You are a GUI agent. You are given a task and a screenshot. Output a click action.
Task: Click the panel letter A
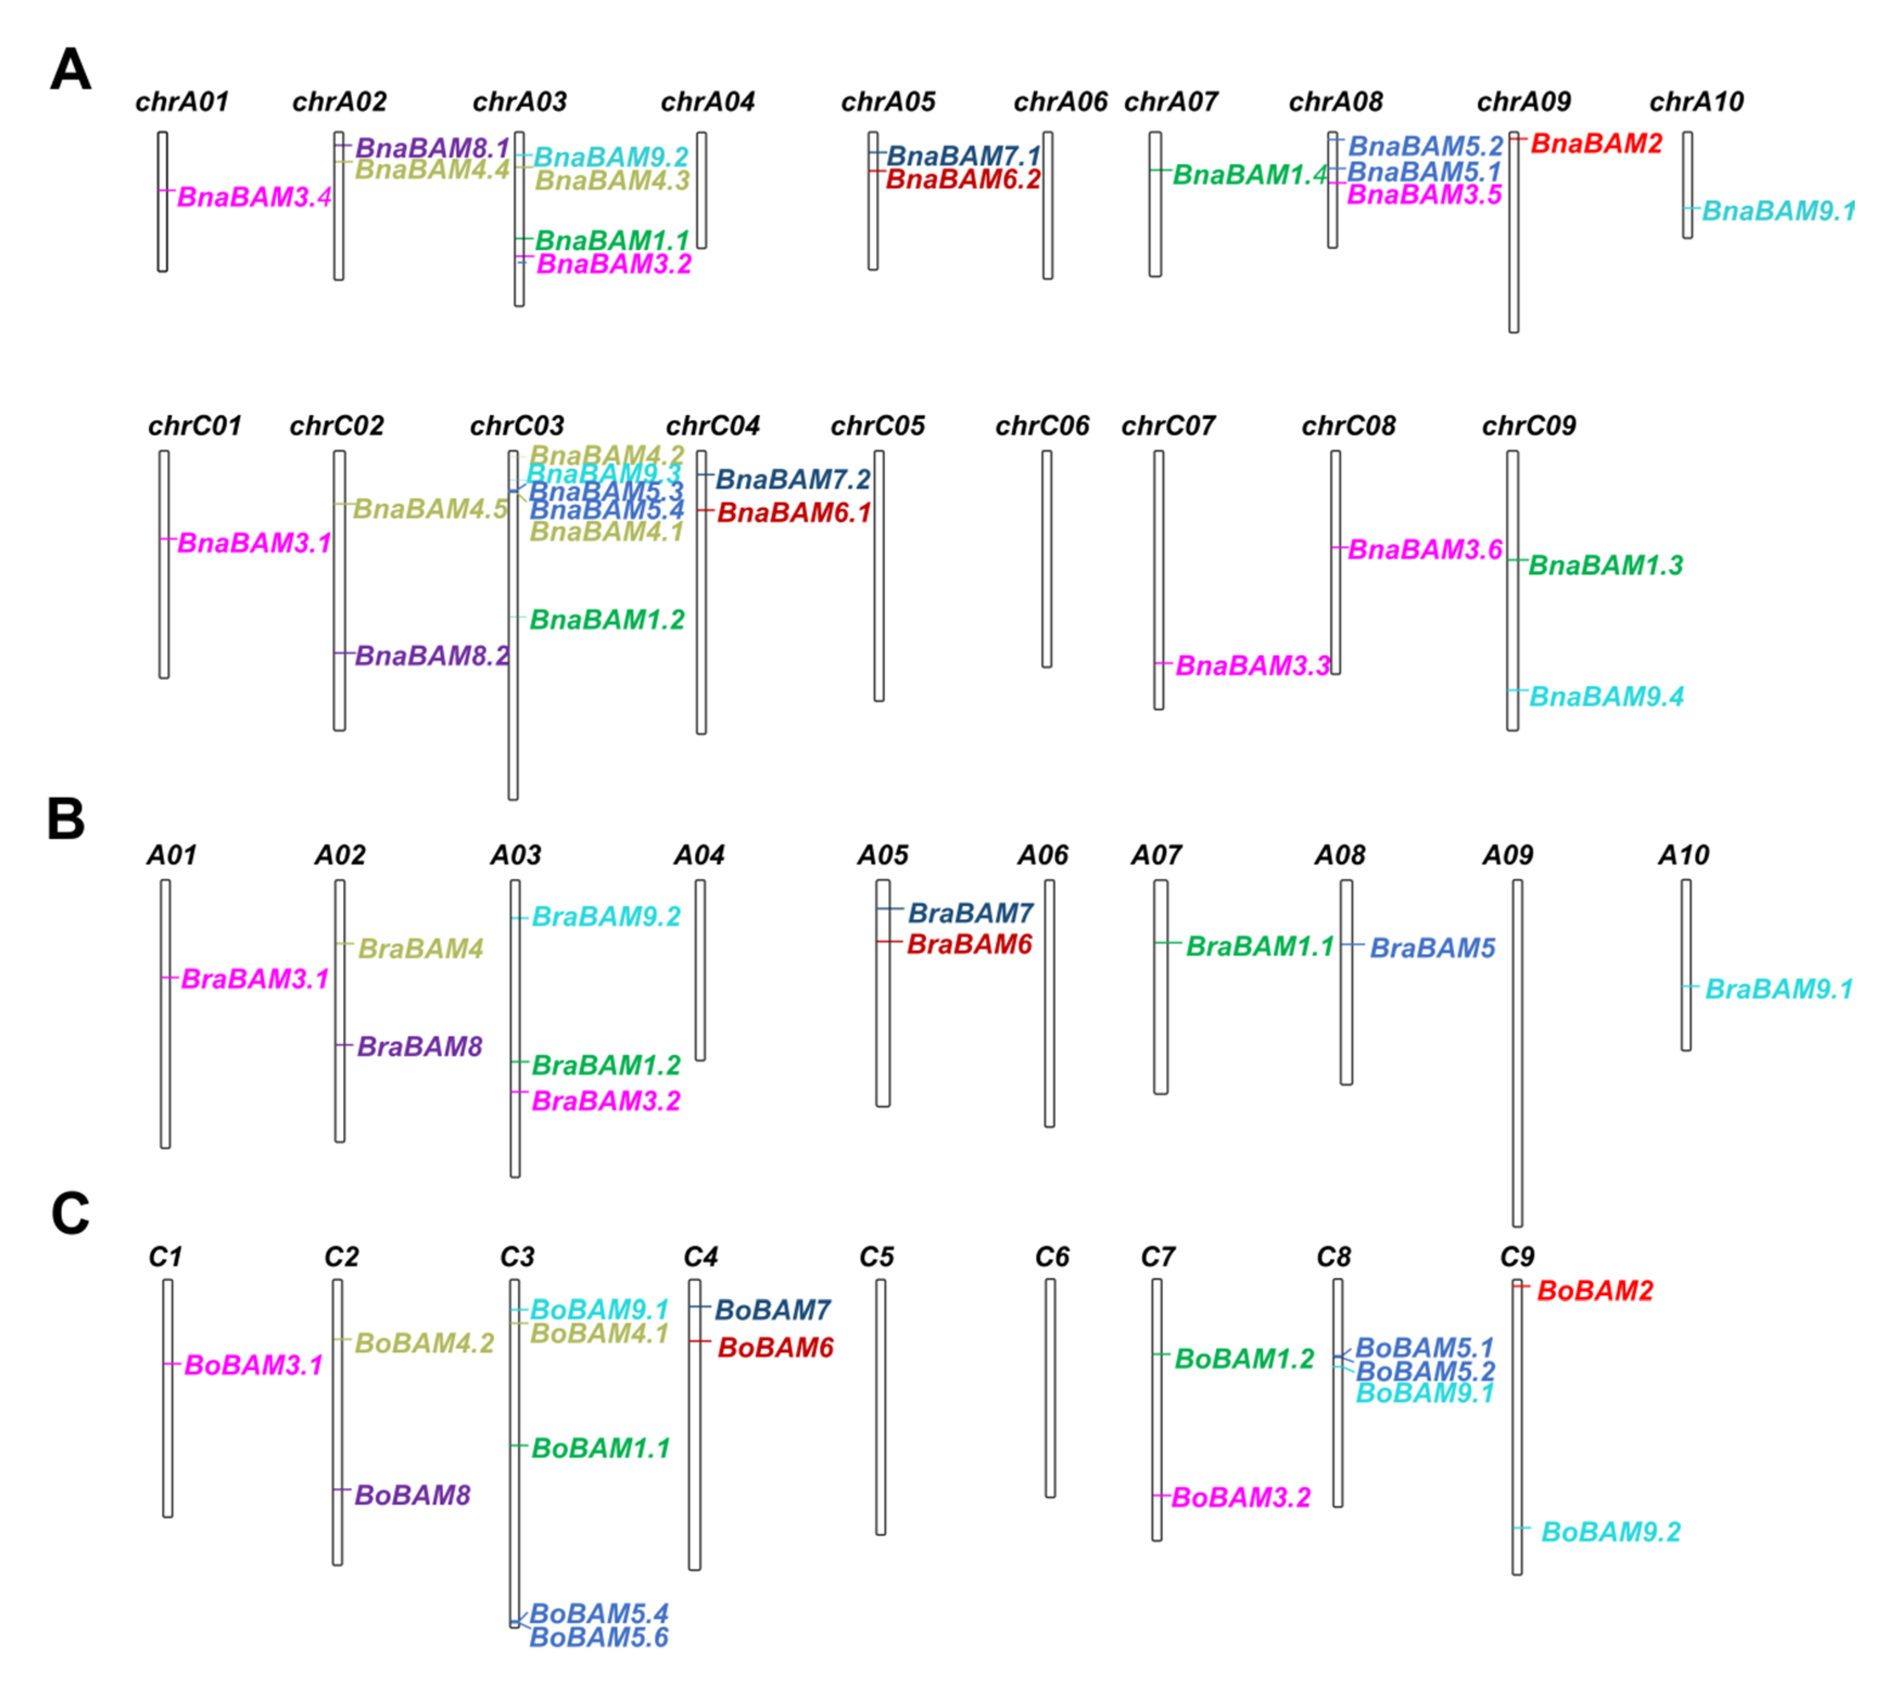(71, 71)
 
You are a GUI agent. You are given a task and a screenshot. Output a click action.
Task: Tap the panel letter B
(66, 820)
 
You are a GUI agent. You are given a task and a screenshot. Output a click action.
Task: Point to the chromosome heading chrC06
(1042, 426)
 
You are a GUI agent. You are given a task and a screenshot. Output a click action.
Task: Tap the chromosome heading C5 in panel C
(877, 1257)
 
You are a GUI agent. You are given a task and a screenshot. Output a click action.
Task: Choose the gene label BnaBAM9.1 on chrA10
(1777, 211)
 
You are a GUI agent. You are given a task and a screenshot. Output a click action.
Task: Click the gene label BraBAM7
(971, 913)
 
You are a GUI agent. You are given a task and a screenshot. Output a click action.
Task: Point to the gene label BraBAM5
(1432, 948)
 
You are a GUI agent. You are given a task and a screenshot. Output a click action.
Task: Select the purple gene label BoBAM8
(412, 1495)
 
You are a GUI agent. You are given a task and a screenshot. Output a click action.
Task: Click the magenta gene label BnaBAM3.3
(1252, 665)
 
